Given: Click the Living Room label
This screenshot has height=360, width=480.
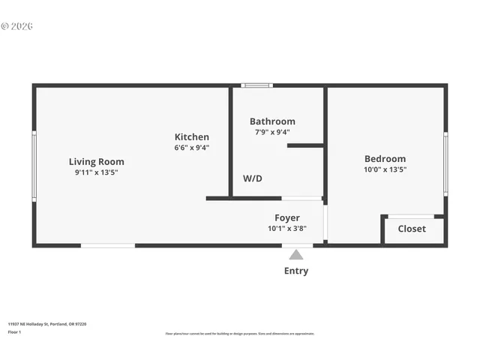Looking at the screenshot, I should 97,161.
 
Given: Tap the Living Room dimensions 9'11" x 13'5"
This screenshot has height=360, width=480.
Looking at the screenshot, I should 97,172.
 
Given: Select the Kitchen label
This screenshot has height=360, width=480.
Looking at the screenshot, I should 192,136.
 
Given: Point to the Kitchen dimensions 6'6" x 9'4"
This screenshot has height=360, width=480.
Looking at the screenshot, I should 192,148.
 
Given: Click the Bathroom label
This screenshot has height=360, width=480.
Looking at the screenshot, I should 272,121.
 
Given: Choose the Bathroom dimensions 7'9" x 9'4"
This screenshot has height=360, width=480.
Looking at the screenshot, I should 272,132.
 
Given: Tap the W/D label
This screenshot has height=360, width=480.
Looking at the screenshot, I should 253,178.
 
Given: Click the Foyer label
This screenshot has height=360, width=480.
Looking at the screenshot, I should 287,217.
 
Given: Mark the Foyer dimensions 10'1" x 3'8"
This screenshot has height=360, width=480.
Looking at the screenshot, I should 287,229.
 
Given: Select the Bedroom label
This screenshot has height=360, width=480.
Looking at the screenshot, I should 385,158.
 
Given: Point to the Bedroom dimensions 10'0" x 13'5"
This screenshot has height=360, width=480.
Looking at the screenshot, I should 385,169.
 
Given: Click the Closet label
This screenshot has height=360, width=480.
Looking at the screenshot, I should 412,229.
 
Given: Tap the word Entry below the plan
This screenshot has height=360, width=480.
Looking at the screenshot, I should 296,271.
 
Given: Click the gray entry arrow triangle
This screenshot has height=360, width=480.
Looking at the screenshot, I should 296,255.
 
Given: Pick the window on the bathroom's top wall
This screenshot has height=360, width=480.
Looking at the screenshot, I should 256,85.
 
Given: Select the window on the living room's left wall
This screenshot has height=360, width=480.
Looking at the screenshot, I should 34,166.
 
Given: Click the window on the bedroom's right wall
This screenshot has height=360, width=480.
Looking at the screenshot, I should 445,164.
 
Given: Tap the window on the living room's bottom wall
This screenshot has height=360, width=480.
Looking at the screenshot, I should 108,245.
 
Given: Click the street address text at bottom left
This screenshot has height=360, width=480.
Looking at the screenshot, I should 47,324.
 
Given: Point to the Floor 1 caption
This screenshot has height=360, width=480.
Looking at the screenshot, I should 13,331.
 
